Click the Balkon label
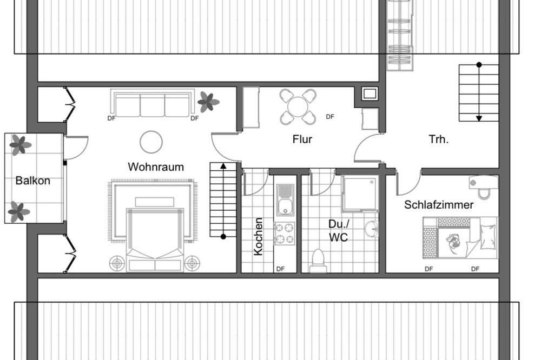tap(33, 181)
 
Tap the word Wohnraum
tap(156, 167)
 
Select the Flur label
tap(302, 139)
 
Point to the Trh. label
tap(439, 139)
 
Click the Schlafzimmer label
tap(439, 205)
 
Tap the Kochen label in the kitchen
tap(258, 237)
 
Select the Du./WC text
tap(339, 231)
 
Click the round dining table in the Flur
tap(298, 107)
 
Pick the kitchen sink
tap(285, 199)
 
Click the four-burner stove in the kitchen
tap(285, 234)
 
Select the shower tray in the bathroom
tap(359, 194)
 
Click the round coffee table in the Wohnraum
tap(151, 142)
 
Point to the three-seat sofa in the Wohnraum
tap(152, 103)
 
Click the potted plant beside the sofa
tap(208, 102)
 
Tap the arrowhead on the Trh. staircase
tap(479, 118)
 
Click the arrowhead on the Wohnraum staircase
tap(223, 166)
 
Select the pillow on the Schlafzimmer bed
tap(488, 236)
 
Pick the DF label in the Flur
tap(330, 117)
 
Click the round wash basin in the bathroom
tap(372, 228)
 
